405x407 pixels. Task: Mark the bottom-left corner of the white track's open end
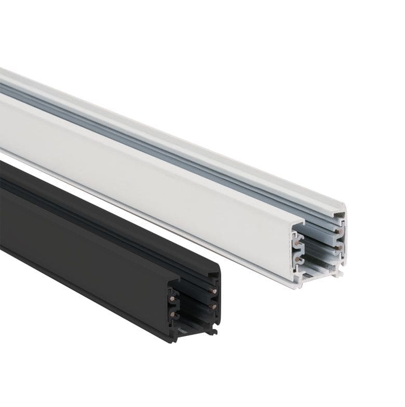click(x=295, y=284)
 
